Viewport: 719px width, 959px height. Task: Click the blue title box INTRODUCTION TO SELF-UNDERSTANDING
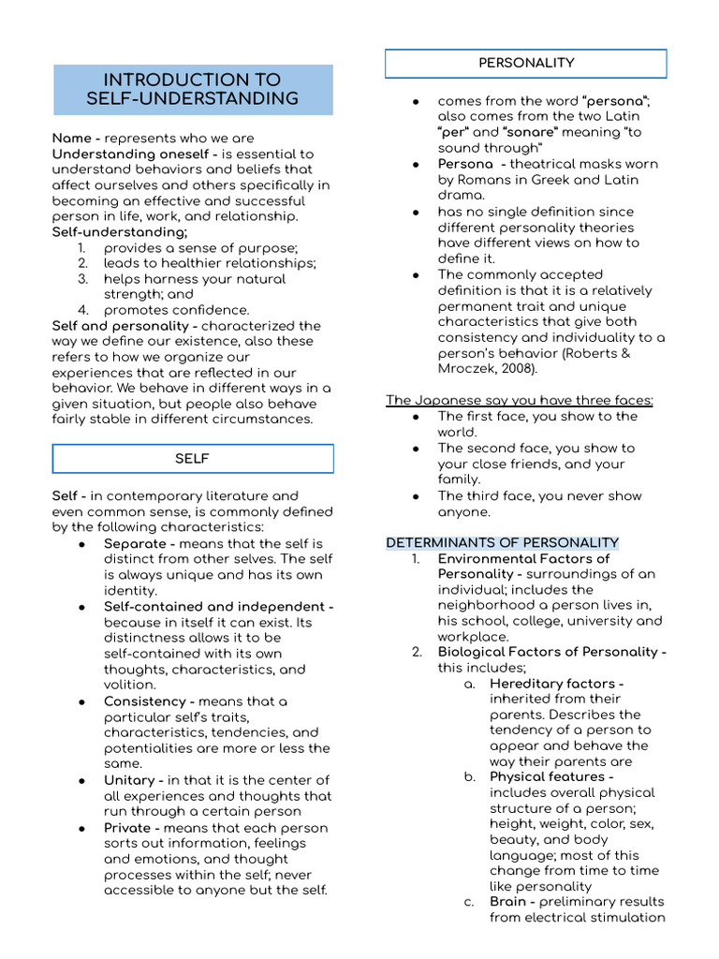tap(193, 89)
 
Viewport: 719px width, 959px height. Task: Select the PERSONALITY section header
tap(526, 63)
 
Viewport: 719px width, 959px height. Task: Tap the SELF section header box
tap(193, 459)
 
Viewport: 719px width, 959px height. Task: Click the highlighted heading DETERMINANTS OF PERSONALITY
tap(502, 543)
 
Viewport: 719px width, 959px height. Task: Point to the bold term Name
tap(71, 139)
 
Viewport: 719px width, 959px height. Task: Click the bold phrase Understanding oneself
tap(119, 155)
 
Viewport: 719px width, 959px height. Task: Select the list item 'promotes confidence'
tap(176, 310)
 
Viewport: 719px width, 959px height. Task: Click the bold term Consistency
tap(144, 701)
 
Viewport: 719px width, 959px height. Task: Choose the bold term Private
tap(131, 828)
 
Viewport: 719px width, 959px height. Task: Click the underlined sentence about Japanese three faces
tap(520, 401)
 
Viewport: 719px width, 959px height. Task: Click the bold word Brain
tap(509, 902)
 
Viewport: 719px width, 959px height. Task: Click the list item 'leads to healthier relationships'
tap(210, 263)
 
